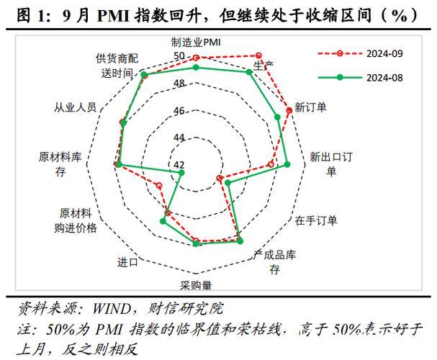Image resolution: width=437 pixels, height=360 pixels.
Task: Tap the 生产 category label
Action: click(x=263, y=66)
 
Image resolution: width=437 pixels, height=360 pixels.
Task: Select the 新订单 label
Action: click(x=311, y=107)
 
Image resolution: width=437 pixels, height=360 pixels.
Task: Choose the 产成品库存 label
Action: click(x=275, y=262)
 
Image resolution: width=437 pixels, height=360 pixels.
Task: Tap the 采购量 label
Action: click(x=196, y=284)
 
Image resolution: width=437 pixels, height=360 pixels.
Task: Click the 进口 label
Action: click(x=127, y=261)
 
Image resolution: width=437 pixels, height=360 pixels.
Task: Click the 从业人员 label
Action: click(x=75, y=107)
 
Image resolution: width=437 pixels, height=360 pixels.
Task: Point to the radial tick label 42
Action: click(x=179, y=165)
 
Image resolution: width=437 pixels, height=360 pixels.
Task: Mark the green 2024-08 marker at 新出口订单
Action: click(x=287, y=165)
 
